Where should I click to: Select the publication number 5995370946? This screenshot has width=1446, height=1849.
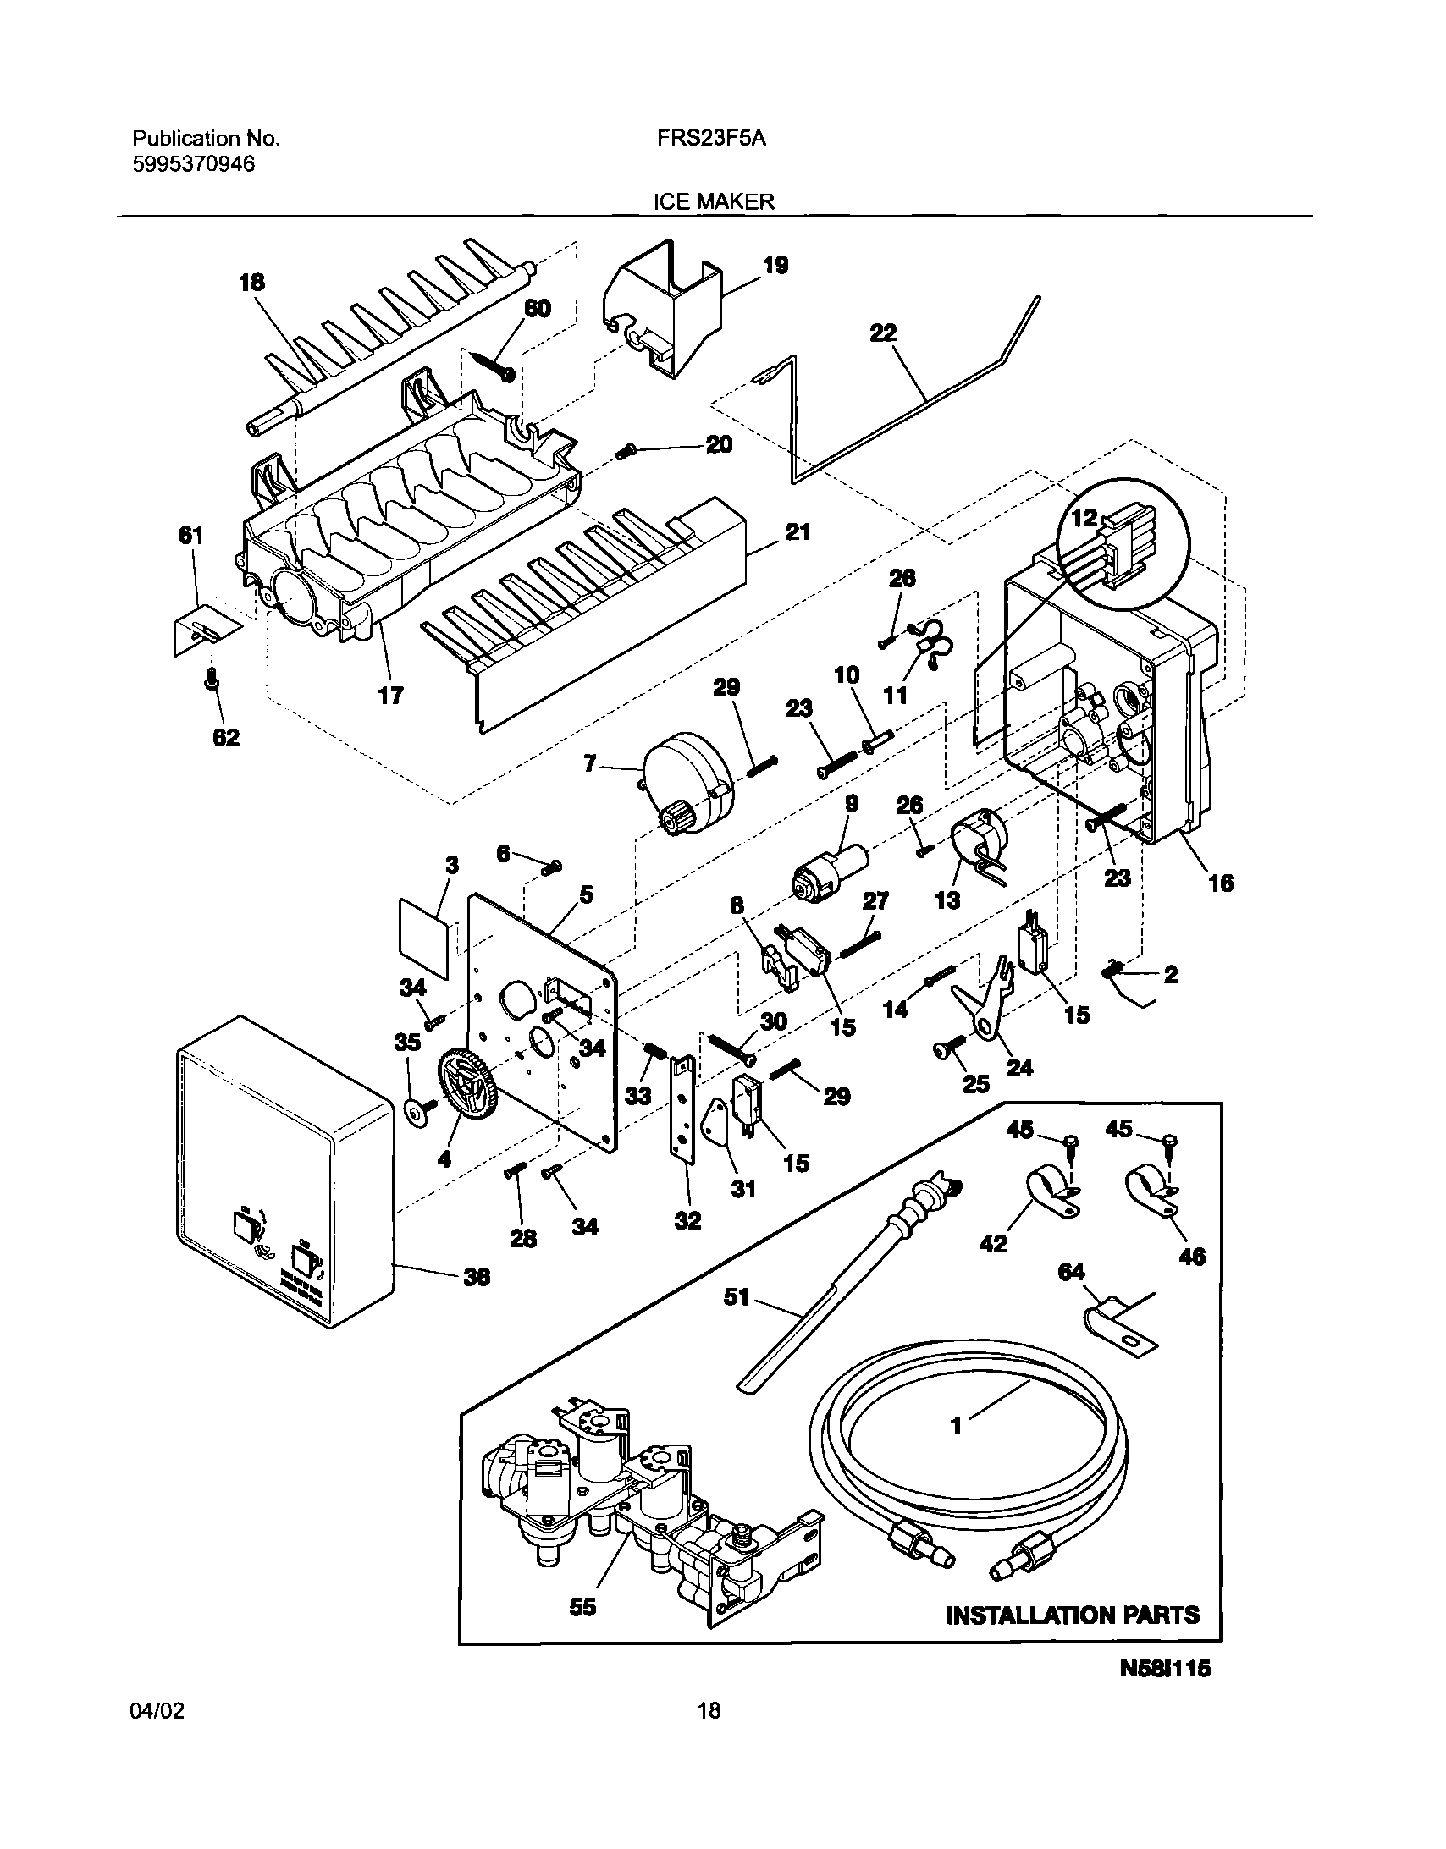pos(193,164)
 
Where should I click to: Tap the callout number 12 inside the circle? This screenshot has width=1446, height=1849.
pos(1085,518)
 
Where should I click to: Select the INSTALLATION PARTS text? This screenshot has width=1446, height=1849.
pos(1072,1615)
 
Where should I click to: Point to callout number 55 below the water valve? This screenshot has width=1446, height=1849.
pos(582,1607)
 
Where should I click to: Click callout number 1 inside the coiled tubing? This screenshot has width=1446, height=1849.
pos(957,1427)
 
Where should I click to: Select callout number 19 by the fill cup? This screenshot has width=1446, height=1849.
pos(775,265)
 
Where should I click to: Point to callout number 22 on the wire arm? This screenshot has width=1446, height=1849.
pos(883,333)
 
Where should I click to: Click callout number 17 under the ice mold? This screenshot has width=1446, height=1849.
pos(390,696)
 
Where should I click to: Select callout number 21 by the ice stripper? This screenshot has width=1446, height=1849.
pos(798,532)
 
